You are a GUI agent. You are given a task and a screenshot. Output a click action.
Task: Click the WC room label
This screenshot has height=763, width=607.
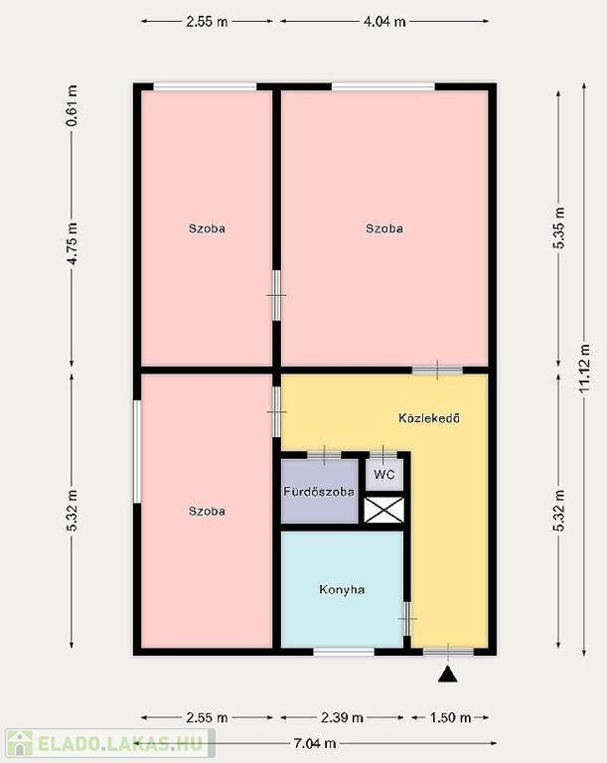pyautogui.click(x=384, y=474)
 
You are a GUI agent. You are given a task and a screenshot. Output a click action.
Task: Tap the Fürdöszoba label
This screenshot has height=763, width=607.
pyautogui.click(x=319, y=492)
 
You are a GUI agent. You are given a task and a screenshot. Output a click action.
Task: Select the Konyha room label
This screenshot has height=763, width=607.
pyautogui.click(x=342, y=589)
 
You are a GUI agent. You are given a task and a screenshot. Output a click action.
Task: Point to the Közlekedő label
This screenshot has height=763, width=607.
pyautogui.click(x=429, y=418)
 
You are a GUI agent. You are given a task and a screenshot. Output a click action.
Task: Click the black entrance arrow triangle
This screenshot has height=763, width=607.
pyautogui.click(x=447, y=675)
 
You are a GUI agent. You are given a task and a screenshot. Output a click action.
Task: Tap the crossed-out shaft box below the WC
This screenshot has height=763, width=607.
pyautogui.click(x=384, y=510)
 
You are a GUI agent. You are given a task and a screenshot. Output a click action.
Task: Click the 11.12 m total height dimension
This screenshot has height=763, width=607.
pyautogui.click(x=584, y=369)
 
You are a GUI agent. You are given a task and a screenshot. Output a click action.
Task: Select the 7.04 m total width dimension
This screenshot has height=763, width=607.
pyautogui.click(x=315, y=743)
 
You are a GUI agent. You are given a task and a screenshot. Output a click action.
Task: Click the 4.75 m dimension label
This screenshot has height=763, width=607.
pyautogui.click(x=72, y=243)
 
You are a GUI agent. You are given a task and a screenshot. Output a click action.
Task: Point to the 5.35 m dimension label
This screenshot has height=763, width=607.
pyautogui.click(x=558, y=228)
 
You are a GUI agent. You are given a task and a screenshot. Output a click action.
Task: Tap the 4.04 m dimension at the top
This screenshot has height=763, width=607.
pyautogui.click(x=384, y=22)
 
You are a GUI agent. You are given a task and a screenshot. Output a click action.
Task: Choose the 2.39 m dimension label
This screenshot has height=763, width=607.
pyautogui.click(x=342, y=717)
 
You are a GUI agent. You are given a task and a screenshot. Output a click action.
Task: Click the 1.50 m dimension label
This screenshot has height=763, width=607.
pyautogui.click(x=450, y=717)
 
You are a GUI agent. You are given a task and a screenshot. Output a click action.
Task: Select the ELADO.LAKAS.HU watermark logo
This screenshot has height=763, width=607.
pyautogui.click(x=110, y=743)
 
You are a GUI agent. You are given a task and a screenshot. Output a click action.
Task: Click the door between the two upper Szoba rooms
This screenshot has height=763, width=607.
pyautogui.click(x=276, y=295)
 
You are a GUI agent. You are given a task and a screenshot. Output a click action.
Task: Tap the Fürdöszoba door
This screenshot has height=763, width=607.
pyautogui.click(x=324, y=455)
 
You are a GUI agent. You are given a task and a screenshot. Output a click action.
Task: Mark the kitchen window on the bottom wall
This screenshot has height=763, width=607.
pyautogui.click(x=344, y=652)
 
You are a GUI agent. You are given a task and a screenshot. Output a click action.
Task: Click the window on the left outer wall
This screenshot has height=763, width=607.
pyautogui.click(x=137, y=452)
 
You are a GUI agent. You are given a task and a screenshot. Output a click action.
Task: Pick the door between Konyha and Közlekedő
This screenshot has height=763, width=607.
pyautogui.click(x=407, y=619)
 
